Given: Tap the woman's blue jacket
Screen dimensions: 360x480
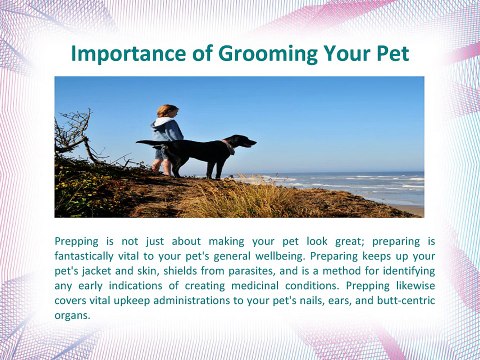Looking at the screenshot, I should [x=166, y=130].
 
